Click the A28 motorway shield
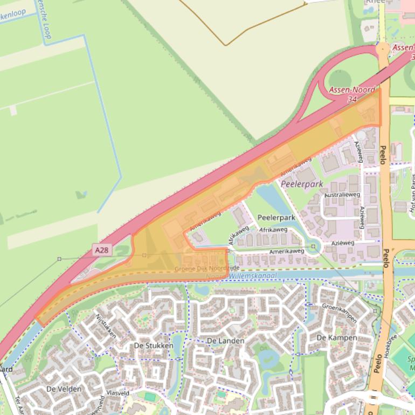point(101,250)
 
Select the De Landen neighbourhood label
point(225,341)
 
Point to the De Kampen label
point(336,337)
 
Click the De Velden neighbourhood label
point(64,389)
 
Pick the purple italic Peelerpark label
point(302,184)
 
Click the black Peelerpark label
point(276,218)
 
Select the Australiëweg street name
point(342,194)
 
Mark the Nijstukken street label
point(106,326)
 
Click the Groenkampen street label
point(339,313)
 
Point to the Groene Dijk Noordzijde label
point(207,268)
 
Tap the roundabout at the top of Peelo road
point(383,49)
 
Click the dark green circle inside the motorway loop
point(340,79)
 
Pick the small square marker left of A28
point(59,259)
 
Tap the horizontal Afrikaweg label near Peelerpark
point(273,230)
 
